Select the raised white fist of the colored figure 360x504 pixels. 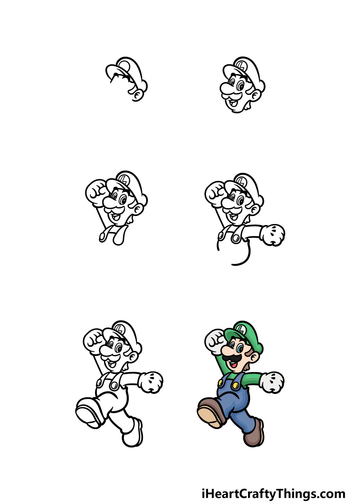215,342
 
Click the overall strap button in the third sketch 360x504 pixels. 102,237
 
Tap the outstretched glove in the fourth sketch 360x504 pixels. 273,235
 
